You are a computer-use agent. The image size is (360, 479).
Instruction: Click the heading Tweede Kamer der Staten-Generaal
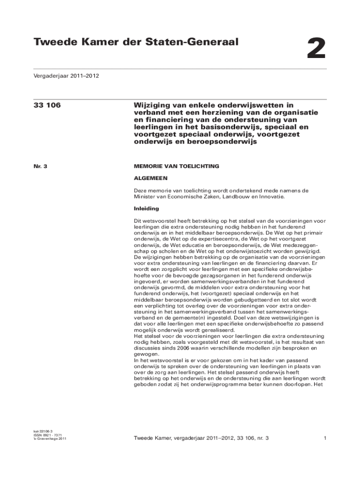pos(136,43)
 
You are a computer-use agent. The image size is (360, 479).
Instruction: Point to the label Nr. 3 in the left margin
pos(40,166)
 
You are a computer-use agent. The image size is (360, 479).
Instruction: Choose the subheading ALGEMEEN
pos(151,178)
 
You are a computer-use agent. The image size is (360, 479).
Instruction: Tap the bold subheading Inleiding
pos(146,209)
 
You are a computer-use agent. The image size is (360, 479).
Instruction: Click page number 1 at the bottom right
pos(324,438)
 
